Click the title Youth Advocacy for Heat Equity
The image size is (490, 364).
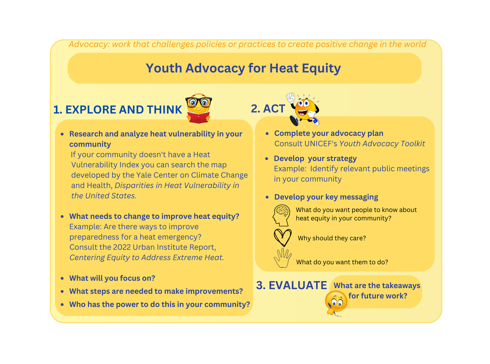[x=243, y=68]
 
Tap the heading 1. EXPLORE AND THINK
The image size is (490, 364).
[x=117, y=109]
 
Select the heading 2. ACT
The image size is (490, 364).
[x=268, y=108]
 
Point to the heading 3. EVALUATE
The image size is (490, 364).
[x=291, y=285]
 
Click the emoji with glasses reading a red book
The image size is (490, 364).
[x=199, y=108]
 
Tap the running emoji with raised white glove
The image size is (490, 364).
[x=303, y=109]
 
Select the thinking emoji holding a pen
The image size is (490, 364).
[x=336, y=303]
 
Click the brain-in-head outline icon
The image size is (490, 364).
[x=281, y=215]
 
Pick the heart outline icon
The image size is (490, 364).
[x=282, y=238]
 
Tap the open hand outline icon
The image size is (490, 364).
[x=282, y=258]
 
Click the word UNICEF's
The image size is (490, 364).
[x=320, y=143]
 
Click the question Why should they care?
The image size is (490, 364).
[x=331, y=238]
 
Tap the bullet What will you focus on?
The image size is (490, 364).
[x=112, y=278]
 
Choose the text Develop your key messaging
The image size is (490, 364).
[x=326, y=197]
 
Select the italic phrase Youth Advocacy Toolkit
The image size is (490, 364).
[x=382, y=143]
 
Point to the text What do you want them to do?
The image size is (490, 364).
[x=342, y=262]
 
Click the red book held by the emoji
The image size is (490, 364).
[x=198, y=118]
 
